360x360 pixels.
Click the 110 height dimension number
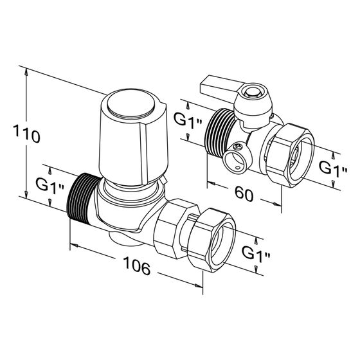coord(26,134)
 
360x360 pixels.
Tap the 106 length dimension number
coord(137,265)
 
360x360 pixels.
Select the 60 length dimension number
coord(244,194)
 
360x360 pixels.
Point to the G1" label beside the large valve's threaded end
coord(50,186)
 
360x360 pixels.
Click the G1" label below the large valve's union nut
coord(256,253)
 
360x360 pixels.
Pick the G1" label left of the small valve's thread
coord(188,120)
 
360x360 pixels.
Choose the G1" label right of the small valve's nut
coord(333,168)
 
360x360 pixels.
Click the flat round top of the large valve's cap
coord(130,104)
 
